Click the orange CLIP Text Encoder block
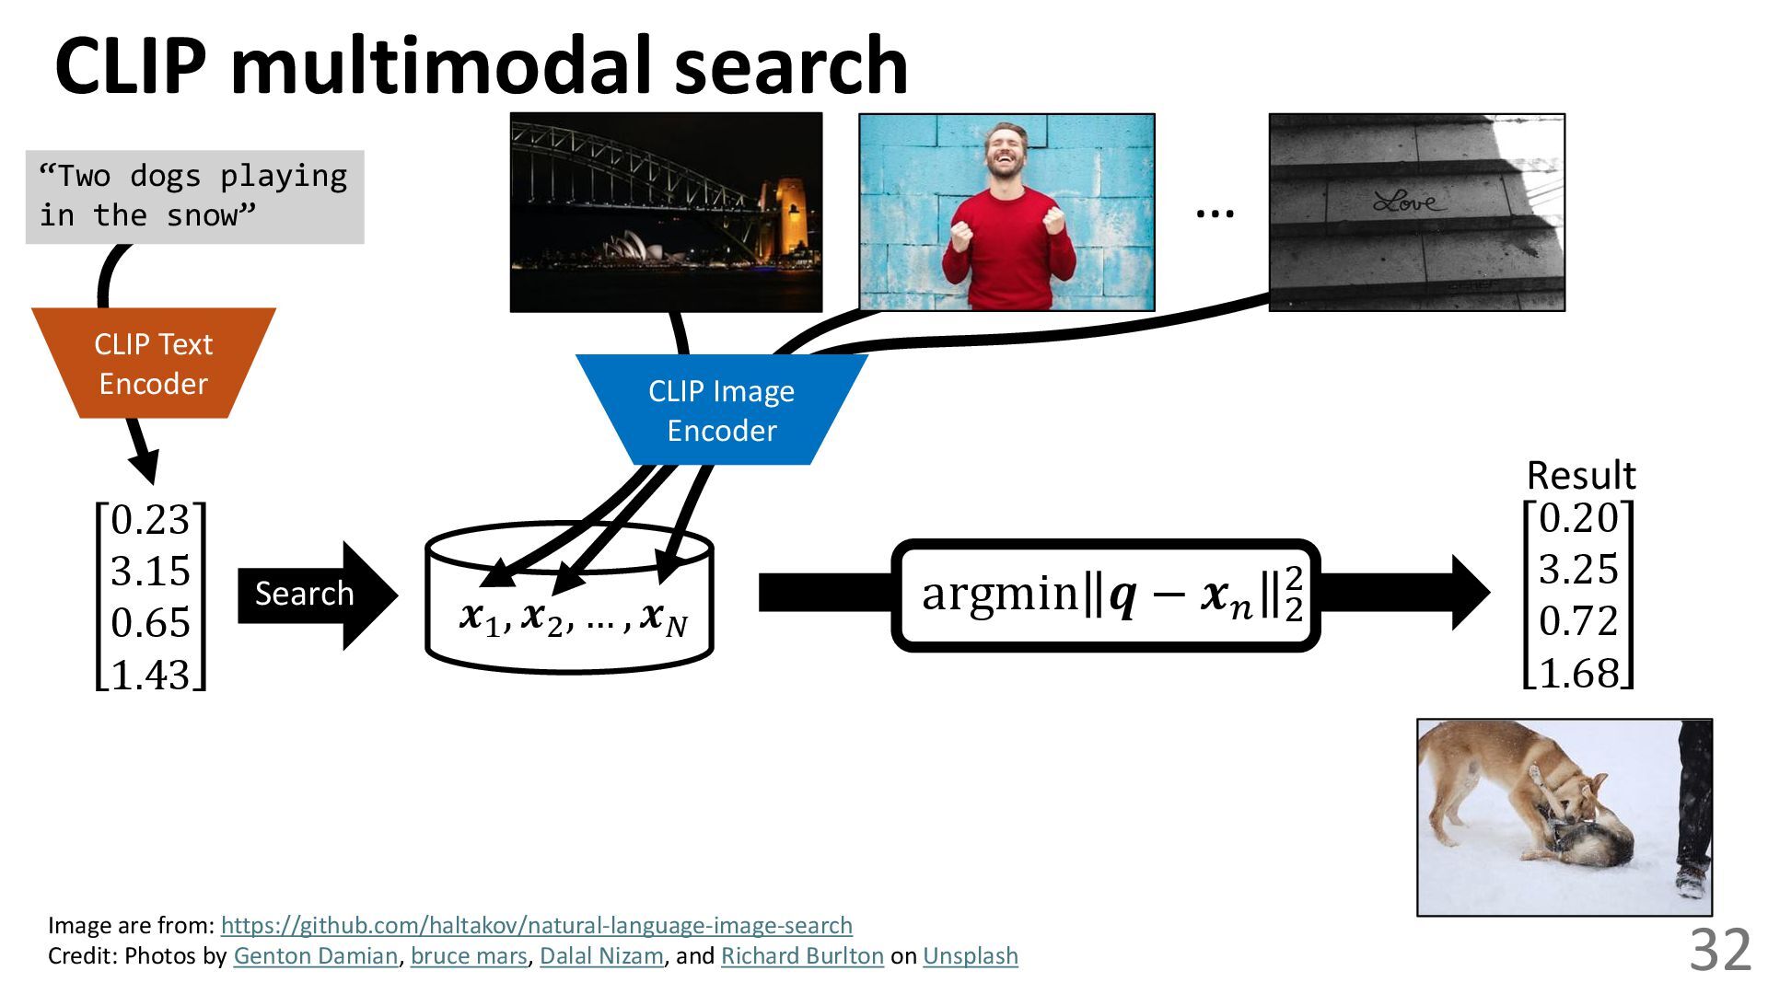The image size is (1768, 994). point(154,364)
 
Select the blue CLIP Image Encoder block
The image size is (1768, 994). point(721,410)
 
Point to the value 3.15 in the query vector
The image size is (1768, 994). point(150,572)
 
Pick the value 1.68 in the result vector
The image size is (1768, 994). point(1578,673)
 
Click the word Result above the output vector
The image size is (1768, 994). point(1581,476)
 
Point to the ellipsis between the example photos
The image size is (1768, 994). point(1214,214)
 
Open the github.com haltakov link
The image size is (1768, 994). point(536,925)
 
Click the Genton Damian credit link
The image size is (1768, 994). point(315,956)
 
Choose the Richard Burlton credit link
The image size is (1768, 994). point(801,956)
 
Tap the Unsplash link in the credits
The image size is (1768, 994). point(970,956)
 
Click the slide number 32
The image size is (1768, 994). point(1719,950)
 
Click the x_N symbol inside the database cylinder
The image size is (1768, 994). point(664,618)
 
